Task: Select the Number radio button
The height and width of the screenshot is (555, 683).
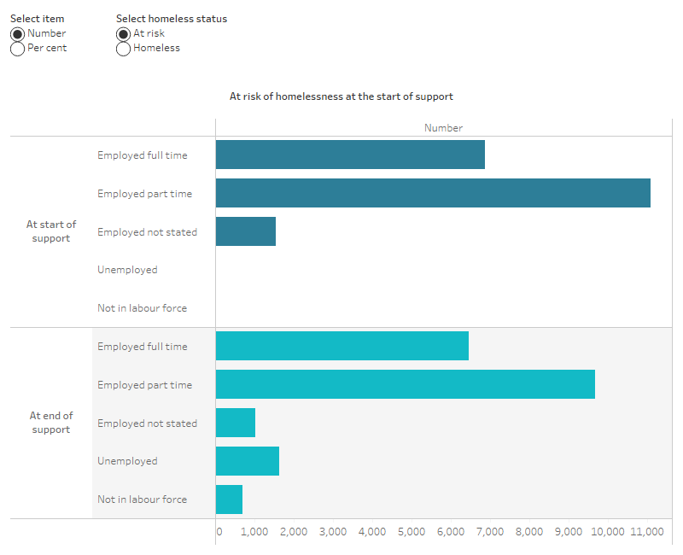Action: coord(17,33)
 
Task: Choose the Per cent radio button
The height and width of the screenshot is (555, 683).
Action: coord(17,49)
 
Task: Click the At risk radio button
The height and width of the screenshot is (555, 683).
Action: coord(123,33)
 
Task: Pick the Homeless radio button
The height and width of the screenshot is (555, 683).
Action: coord(123,49)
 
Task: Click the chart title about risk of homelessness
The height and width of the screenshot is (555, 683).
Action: coord(341,96)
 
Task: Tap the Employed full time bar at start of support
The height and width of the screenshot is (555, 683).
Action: coord(350,155)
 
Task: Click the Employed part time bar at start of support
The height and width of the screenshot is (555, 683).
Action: coord(433,193)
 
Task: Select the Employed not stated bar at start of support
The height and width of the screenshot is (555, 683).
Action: coord(246,231)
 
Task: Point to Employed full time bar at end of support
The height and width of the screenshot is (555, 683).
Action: coord(341,346)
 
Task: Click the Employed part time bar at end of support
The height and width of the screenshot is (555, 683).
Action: coord(405,384)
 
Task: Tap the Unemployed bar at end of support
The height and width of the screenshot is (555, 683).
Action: coord(248,461)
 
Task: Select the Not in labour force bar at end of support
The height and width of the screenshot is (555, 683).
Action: coord(229,499)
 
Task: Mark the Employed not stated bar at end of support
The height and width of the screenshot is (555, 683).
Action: coord(236,423)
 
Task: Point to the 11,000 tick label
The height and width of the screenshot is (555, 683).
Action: coord(646,532)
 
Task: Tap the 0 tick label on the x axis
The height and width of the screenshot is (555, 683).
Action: coord(219,532)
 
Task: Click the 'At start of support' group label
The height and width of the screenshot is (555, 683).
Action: coord(51,231)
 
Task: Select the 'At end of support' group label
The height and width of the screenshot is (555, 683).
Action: coord(51,423)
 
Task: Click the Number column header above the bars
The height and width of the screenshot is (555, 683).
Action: coord(443,127)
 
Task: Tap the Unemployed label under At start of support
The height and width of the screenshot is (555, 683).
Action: coord(127,270)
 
